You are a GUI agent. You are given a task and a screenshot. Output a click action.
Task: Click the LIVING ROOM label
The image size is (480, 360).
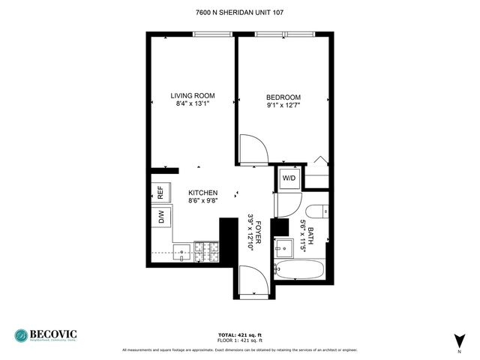click(193, 95)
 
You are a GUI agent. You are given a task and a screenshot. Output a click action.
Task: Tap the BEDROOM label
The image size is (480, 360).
click(283, 97)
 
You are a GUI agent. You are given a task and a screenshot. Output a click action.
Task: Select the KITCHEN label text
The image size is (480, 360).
click(202, 193)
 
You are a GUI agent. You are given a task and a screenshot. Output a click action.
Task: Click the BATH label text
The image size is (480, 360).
click(310, 233)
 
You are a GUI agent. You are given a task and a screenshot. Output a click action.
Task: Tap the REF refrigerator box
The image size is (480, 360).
click(160, 193)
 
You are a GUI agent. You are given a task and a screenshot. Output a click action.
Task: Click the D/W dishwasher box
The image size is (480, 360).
click(160, 218)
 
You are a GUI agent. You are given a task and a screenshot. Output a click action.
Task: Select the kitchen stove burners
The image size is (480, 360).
click(205, 252)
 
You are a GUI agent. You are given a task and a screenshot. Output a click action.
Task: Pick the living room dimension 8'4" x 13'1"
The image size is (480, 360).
click(193, 104)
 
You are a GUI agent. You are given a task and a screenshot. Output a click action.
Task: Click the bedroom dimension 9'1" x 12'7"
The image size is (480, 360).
click(283, 106)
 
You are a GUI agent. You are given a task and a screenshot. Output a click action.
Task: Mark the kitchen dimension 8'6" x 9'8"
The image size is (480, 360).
click(202, 201)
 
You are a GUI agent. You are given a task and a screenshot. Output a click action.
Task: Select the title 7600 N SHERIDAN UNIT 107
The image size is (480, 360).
click(240, 12)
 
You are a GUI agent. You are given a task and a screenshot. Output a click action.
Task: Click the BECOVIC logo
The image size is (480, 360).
click(46, 334)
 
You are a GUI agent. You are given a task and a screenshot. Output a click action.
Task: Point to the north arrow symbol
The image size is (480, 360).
click(459, 340)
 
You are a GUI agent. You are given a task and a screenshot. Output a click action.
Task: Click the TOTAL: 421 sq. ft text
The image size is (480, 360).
click(240, 334)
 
